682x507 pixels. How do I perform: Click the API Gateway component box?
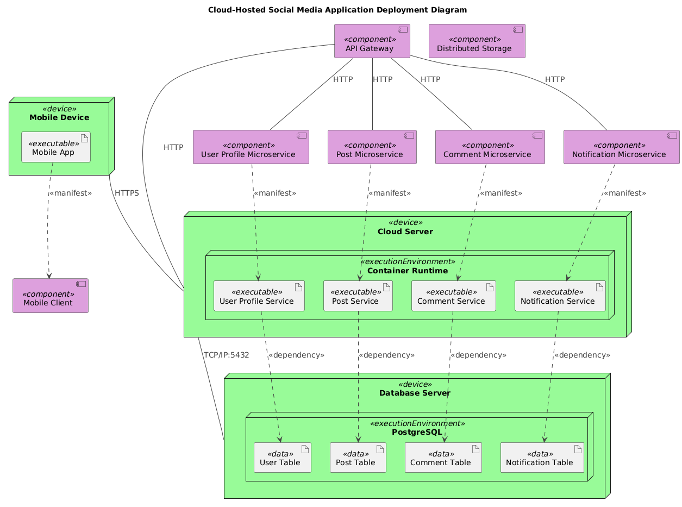(x=372, y=41)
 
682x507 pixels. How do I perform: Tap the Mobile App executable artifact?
(x=55, y=147)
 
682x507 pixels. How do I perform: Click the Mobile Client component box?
(x=50, y=296)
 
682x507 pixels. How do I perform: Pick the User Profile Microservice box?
(x=251, y=147)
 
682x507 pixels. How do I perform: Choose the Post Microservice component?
(x=372, y=147)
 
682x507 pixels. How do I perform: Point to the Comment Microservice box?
(x=489, y=147)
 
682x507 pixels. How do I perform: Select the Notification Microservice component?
(x=621, y=147)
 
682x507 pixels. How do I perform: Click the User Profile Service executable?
(x=259, y=296)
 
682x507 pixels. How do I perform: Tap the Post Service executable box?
(x=358, y=296)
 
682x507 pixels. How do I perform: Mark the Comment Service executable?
(x=453, y=296)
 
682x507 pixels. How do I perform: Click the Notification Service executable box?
(x=560, y=296)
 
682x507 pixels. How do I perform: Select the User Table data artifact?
(x=282, y=458)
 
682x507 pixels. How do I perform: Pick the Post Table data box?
(x=358, y=458)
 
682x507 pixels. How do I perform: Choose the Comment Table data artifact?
(x=443, y=458)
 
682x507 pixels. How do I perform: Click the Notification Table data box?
(x=542, y=458)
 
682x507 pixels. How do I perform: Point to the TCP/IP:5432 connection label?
(x=226, y=355)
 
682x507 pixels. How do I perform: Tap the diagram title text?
(x=341, y=10)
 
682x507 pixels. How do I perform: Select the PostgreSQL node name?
(x=417, y=432)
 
